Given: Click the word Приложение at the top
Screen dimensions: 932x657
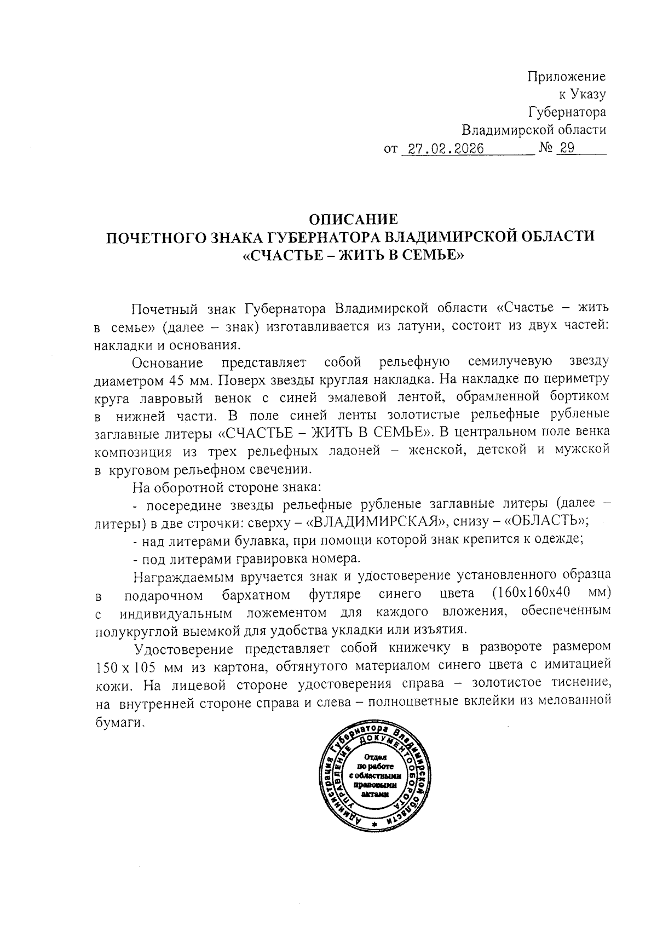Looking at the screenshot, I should pyautogui.click(x=567, y=76).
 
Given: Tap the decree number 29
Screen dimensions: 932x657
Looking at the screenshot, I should pyautogui.click(x=566, y=148).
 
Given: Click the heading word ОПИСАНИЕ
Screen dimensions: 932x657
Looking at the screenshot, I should pyautogui.click(x=353, y=219).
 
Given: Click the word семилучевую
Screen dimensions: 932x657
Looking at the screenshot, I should pyautogui.click(x=510, y=362).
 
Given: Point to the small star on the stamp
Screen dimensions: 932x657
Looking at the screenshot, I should pyautogui.click(x=374, y=824).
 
